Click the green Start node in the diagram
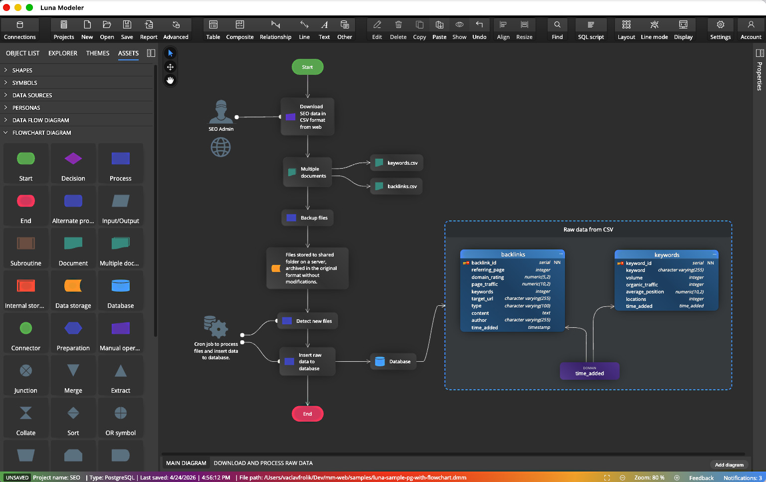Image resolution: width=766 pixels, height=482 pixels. (307, 67)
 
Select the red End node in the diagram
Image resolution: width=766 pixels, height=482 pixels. (307, 414)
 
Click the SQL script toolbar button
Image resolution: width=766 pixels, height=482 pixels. (590, 30)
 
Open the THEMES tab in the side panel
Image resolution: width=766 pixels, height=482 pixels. (98, 53)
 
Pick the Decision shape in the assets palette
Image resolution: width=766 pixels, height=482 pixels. (73, 164)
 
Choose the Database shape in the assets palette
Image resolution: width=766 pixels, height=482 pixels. (121, 291)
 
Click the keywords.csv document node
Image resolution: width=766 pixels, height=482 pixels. (396, 163)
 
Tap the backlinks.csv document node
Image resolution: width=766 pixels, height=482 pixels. (396, 186)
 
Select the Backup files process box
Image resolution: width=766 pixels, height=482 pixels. (308, 218)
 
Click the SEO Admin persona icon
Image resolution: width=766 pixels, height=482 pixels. (221, 112)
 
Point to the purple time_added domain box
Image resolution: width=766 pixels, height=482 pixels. (589, 371)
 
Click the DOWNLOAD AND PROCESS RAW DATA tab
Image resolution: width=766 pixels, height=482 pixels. (263, 463)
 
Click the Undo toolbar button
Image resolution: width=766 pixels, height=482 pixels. (479, 30)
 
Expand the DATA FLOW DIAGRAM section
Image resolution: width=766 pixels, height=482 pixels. (41, 120)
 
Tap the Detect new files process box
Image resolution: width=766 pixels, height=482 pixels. (308, 321)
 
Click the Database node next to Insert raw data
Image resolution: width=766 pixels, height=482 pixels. (394, 361)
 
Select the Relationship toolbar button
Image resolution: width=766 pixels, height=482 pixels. (275, 30)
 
